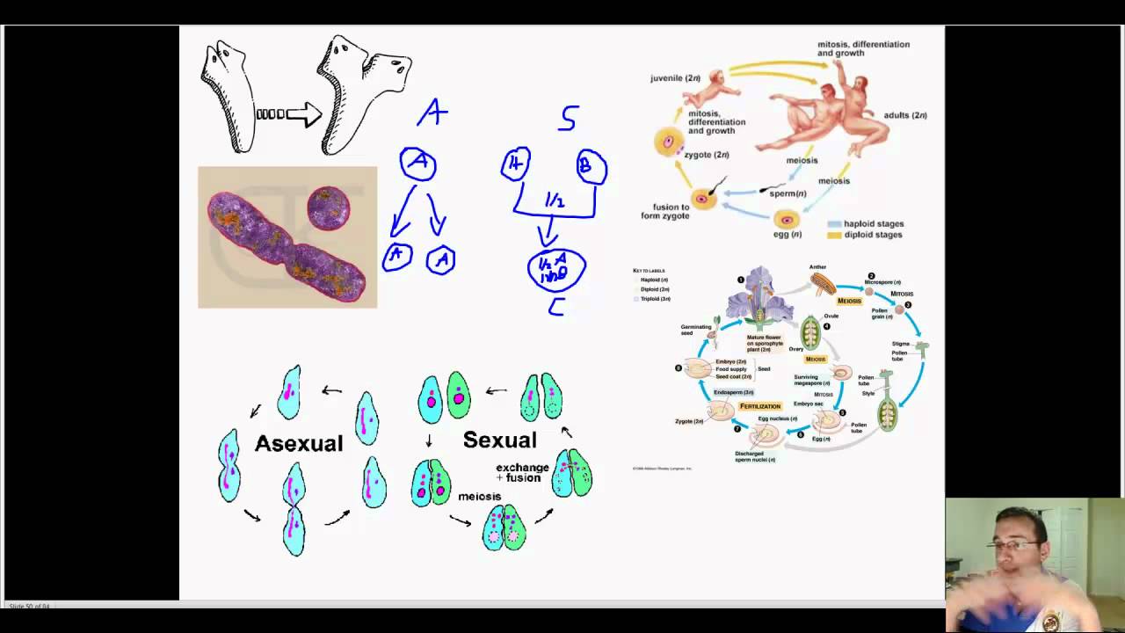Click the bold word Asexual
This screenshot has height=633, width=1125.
pyautogui.click(x=299, y=443)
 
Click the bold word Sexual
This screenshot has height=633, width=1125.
pyautogui.click(x=499, y=440)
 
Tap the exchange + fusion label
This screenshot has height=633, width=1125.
pyautogui.click(x=522, y=473)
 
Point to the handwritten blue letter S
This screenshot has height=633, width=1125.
pyautogui.click(x=569, y=119)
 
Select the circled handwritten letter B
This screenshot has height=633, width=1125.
pyautogui.click(x=592, y=167)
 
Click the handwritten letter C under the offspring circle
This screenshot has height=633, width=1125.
pyautogui.click(x=555, y=307)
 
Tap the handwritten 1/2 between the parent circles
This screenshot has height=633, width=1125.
pyautogui.click(x=554, y=201)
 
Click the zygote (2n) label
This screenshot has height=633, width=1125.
pyautogui.click(x=707, y=155)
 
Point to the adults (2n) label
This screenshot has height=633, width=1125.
pyautogui.click(x=906, y=115)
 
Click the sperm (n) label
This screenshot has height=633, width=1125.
pyautogui.click(x=787, y=193)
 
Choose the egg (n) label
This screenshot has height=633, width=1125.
pyautogui.click(x=788, y=235)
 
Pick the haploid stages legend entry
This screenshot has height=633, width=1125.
pyautogui.click(x=873, y=224)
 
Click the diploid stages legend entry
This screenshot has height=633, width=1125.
pyautogui.click(x=872, y=235)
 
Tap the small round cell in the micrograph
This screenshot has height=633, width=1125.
pyautogui.click(x=329, y=207)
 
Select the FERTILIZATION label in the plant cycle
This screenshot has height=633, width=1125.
pyautogui.click(x=760, y=406)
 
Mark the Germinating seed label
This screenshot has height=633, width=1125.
pyautogui.click(x=696, y=330)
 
